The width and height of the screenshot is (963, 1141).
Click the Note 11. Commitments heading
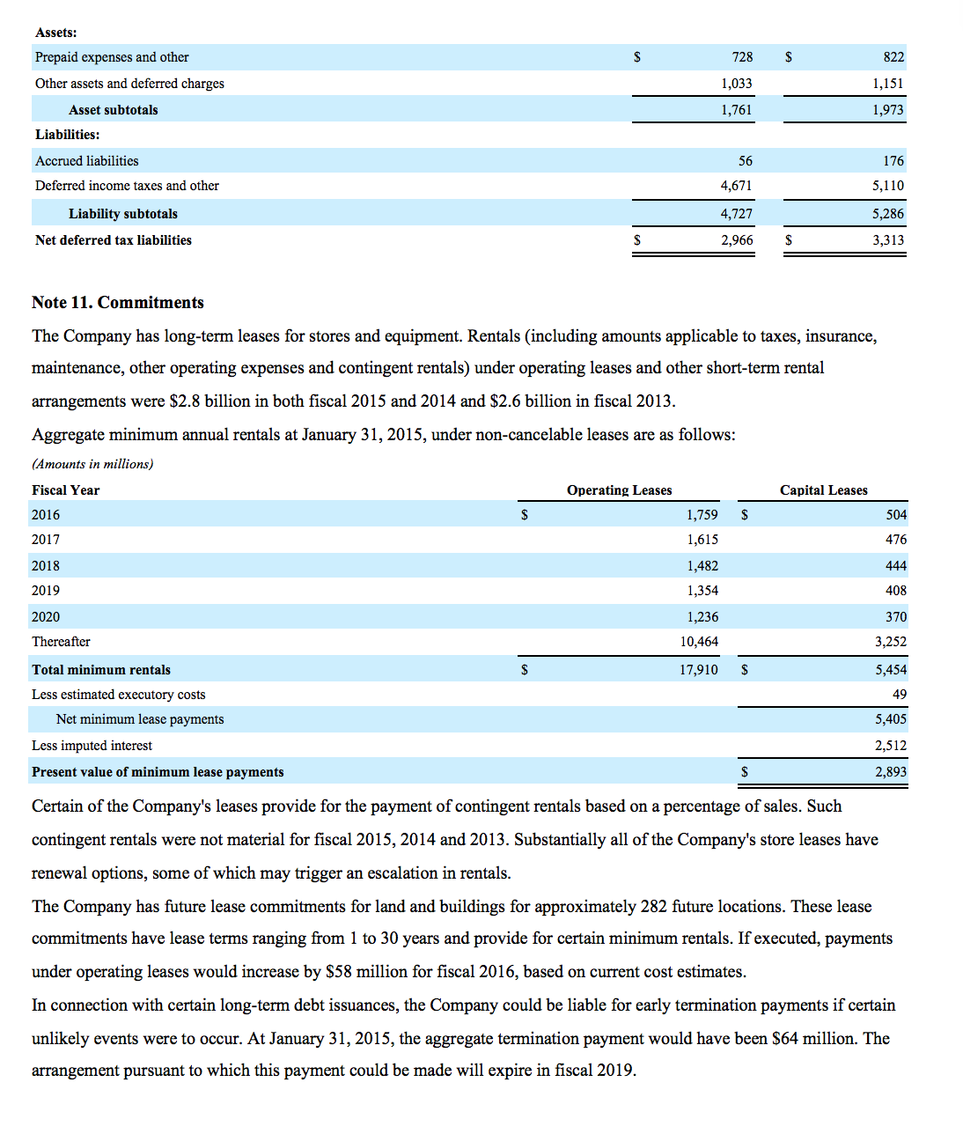pos(118,302)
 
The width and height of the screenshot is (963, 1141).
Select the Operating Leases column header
pos(619,490)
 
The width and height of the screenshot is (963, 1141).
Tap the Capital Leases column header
pos(823,490)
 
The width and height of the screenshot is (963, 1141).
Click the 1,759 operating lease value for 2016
pos(702,515)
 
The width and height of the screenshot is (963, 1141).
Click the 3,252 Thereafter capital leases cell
pos(890,642)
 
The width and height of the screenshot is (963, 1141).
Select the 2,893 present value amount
pos(890,772)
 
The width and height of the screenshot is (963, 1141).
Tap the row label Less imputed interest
pos(92,746)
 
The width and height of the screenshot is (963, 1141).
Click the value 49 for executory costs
pos(899,695)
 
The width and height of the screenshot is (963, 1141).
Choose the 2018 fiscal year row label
pos(46,566)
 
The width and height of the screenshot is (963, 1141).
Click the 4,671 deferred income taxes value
pos(736,186)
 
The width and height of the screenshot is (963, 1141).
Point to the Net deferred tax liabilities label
pos(114,240)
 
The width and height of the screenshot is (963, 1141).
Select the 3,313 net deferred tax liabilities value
pos(887,240)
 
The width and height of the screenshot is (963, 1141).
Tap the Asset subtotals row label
pos(114,110)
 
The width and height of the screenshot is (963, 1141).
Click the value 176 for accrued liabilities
pos(893,161)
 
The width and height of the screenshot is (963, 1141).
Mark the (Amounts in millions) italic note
pos(92,464)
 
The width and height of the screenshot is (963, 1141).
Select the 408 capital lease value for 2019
pos(895,591)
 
